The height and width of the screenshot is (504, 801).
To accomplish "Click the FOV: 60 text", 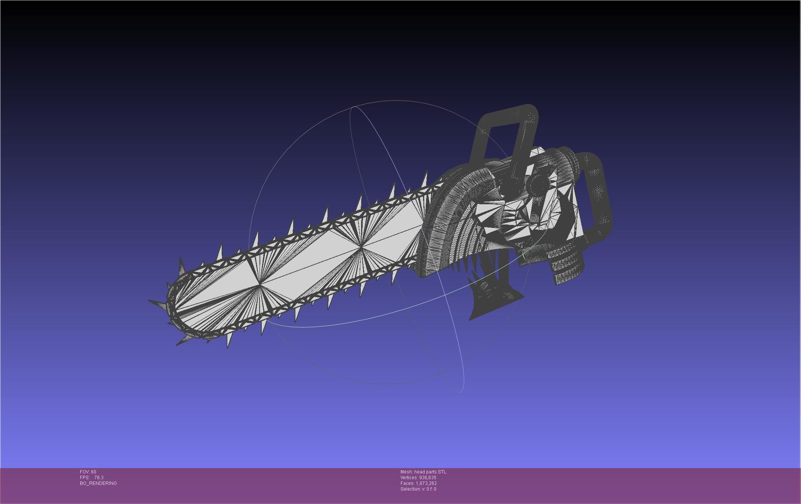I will tap(88, 472).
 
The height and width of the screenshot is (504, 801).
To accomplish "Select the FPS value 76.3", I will tap(99, 478).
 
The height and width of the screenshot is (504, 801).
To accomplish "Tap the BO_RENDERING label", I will tap(98, 483).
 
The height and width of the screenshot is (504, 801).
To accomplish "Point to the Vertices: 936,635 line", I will tap(418, 478).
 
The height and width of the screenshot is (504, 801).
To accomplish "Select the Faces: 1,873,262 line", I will tap(418, 483).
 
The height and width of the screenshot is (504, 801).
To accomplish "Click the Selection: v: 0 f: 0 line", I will tap(418, 489).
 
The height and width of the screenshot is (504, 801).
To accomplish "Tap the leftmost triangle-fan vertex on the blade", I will tap(260, 285).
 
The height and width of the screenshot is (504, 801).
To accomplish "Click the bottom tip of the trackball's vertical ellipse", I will tap(460, 391).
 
